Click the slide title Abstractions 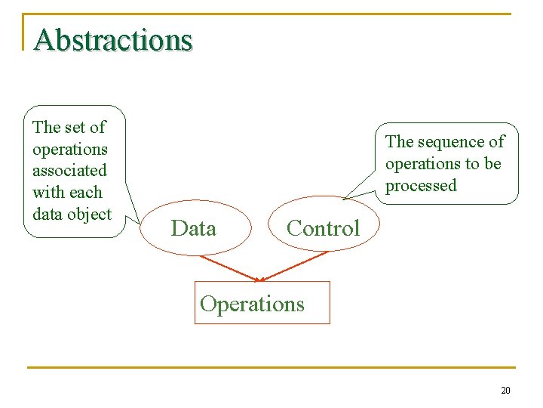click(113, 39)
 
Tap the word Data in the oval click(194, 228)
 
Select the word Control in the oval click(324, 228)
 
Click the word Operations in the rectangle click(253, 304)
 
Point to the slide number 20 click(505, 391)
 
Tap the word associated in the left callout click(69, 171)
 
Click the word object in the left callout click(90, 215)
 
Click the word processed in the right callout click(421, 186)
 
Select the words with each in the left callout click(67, 193)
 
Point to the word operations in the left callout click(70, 149)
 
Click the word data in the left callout click(48, 215)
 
